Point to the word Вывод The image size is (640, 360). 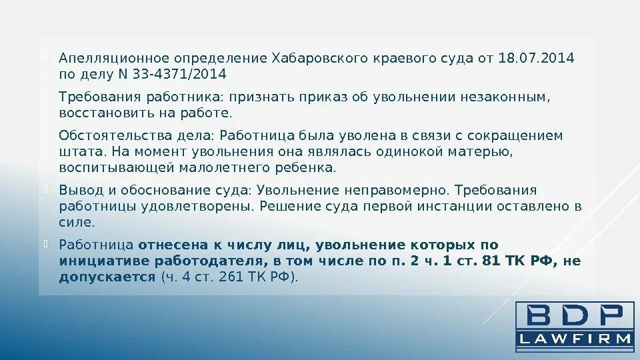[x=77, y=191]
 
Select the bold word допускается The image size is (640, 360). [x=107, y=276]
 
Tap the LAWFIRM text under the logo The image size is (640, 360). [x=575, y=339]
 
